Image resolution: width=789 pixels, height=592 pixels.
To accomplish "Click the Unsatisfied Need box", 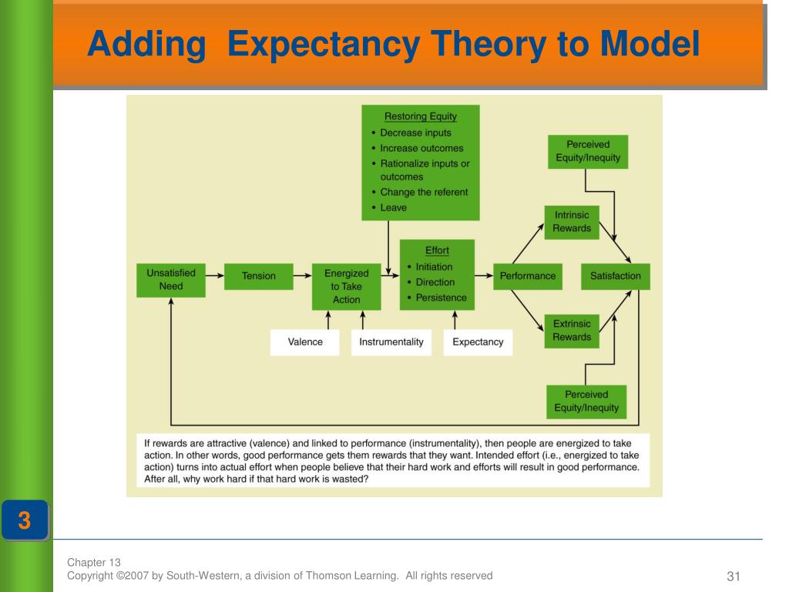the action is click(x=171, y=279).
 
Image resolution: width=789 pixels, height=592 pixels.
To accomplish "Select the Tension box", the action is click(x=259, y=276).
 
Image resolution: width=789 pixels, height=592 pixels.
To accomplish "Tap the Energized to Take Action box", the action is click(x=347, y=286).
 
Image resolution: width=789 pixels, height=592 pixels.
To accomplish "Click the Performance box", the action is click(x=528, y=276).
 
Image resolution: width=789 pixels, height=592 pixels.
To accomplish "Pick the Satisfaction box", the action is click(x=616, y=276).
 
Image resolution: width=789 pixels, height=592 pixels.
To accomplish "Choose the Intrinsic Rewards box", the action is click(x=572, y=222).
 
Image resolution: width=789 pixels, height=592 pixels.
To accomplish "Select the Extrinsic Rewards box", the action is click(x=572, y=331).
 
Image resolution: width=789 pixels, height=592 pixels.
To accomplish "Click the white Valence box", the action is click(x=305, y=341).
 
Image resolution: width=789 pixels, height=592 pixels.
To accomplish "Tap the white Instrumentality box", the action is click(x=391, y=341).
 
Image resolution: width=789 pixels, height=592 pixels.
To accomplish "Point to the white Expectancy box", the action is click(x=478, y=341).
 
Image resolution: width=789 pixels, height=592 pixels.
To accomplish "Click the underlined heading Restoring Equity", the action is click(x=421, y=117).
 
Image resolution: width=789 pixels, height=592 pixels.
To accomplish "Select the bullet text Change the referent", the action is click(x=424, y=192).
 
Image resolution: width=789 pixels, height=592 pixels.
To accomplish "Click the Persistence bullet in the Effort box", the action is click(x=441, y=298).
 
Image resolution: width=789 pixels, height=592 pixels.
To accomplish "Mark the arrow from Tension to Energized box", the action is click(x=304, y=275).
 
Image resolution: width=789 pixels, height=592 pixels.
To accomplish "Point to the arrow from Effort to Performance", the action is click(x=484, y=275).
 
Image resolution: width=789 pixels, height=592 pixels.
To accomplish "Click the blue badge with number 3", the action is click(x=25, y=521).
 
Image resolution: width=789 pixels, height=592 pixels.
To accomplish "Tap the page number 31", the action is click(x=733, y=577).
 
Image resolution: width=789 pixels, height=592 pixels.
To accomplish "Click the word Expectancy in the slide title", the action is click(x=324, y=45).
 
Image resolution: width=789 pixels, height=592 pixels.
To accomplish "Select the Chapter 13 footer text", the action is click(x=94, y=562).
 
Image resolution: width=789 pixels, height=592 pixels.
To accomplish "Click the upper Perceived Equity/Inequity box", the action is click(x=588, y=152).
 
